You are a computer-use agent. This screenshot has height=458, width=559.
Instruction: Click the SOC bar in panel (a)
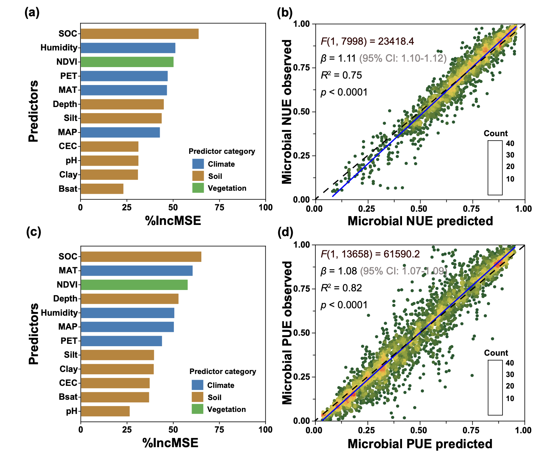(x=139, y=34)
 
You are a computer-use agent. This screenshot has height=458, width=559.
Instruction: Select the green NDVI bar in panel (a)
(x=127, y=62)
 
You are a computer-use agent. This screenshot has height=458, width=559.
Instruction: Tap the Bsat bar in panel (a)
(x=102, y=189)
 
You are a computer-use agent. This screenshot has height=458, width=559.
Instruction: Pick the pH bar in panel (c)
(x=105, y=411)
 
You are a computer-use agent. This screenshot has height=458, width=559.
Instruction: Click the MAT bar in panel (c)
(x=136, y=271)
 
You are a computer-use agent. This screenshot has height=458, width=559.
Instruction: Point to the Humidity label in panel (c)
(x=59, y=313)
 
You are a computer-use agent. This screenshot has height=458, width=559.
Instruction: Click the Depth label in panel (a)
(x=65, y=104)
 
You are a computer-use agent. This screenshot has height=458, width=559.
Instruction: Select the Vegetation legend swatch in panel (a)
(x=198, y=188)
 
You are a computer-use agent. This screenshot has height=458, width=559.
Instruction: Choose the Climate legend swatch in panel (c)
(x=197, y=385)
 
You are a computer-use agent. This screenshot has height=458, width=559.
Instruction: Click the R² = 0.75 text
(x=341, y=75)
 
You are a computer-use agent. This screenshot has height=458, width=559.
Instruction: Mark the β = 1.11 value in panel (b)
(x=338, y=58)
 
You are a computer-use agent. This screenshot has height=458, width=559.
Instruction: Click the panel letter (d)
(x=285, y=232)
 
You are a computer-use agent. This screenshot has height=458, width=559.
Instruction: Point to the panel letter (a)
(x=32, y=13)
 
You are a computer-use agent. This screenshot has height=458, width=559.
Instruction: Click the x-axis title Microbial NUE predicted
(x=420, y=221)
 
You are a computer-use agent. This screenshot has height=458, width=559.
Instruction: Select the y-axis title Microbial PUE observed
(x=287, y=333)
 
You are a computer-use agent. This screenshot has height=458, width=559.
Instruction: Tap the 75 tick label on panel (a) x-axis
(x=219, y=208)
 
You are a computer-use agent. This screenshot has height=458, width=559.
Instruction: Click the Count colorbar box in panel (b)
(x=495, y=168)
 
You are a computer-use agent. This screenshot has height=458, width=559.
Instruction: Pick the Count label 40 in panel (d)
(x=510, y=363)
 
